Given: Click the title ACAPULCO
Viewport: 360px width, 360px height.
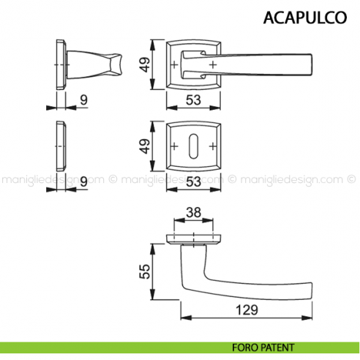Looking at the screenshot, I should [306, 17].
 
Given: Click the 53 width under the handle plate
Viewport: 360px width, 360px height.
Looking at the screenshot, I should [194, 100].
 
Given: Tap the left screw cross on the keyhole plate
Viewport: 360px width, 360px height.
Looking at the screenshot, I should [176, 146].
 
